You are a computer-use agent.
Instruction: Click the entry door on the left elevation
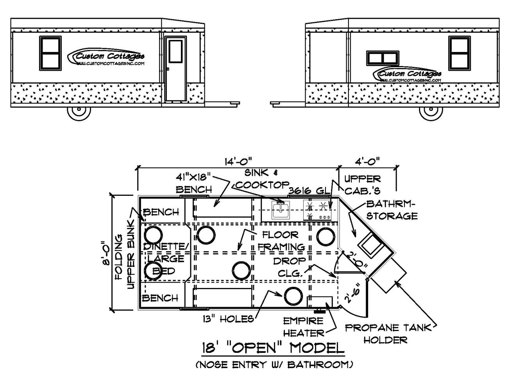point(175,69)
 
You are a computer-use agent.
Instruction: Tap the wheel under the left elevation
point(79,111)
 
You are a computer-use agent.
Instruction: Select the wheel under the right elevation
point(431,111)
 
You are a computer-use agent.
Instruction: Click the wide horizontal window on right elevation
point(383,58)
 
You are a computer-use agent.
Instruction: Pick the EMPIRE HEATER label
point(304,327)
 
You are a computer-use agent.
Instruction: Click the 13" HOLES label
point(228,319)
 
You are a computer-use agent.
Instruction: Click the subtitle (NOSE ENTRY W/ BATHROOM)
point(274,365)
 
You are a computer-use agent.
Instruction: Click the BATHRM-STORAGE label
point(392,210)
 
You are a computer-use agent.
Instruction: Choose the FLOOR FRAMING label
point(281,241)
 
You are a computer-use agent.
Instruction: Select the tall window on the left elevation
point(50,53)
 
